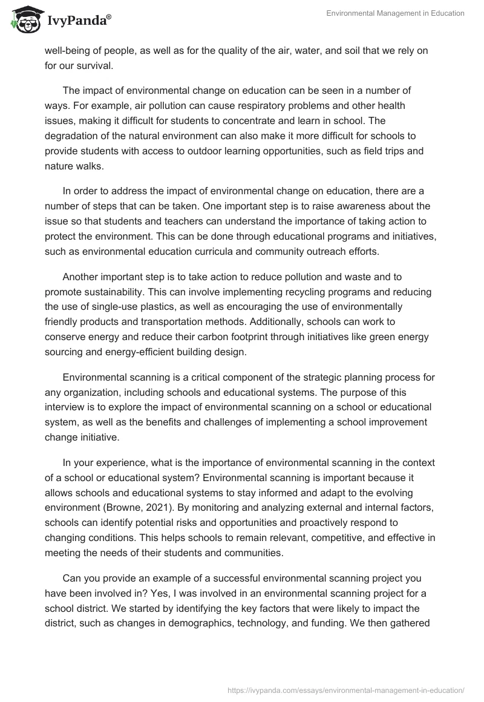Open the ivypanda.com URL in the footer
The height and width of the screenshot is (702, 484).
pyautogui.click(x=345, y=689)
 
